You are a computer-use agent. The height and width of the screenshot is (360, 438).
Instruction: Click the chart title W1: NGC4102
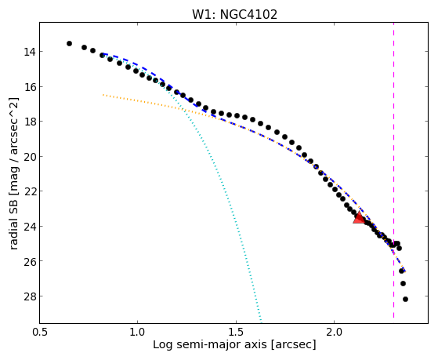[234, 15]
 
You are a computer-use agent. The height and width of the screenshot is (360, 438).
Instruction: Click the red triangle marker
[359, 217]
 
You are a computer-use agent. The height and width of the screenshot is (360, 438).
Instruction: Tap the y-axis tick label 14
[30, 52]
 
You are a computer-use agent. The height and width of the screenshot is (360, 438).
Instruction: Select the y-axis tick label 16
[30, 87]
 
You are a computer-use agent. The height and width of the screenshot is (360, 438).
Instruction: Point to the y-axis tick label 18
[30, 122]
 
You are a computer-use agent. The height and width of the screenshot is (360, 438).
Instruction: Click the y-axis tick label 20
[30, 156]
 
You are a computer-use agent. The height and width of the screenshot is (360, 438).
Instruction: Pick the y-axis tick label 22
[30, 191]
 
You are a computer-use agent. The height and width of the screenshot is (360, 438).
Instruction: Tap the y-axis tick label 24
[30, 227]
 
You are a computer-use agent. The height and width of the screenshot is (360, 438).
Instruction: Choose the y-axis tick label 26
[30, 261]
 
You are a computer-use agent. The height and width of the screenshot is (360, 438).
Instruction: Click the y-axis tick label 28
[30, 296]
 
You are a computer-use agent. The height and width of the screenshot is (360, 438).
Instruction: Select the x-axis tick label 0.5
[40, 332]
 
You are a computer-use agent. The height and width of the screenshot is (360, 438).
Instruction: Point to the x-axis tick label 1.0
[138, 332]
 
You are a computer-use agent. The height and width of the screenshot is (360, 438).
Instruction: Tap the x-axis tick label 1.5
[237, 332]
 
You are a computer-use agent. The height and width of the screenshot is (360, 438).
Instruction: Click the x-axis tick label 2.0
[335, 332]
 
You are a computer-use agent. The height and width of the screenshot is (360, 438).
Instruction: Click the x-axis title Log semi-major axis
[209, 344]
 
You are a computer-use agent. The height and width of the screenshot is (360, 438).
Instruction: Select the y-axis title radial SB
[13, 228]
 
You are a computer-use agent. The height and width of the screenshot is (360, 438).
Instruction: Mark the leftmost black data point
[69, 43]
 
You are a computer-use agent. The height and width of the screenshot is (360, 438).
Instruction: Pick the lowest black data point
[405, 299]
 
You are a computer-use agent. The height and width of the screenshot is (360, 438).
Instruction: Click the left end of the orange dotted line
[103, 95]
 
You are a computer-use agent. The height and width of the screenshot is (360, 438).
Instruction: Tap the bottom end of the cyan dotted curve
[261, 322]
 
